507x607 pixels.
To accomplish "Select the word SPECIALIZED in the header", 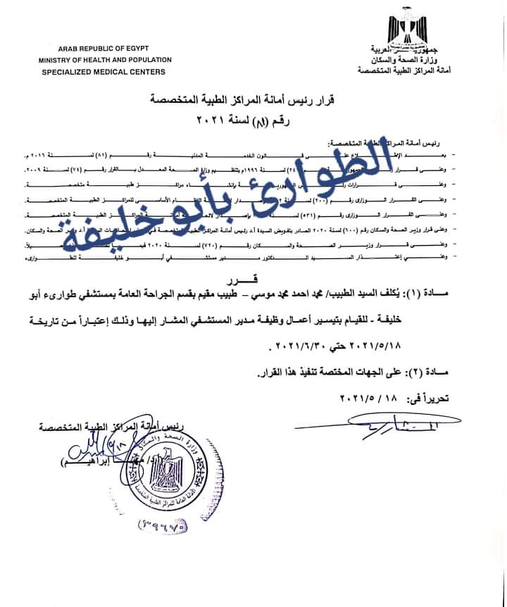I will (68, 72).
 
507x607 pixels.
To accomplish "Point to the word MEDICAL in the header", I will (118, 72).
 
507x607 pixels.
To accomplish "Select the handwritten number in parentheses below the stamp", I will (168, 523).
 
